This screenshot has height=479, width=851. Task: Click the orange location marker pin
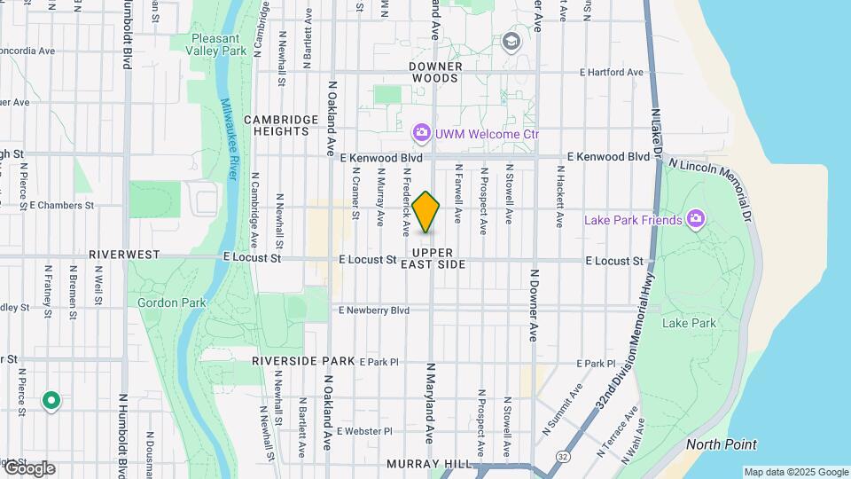coord(426,212)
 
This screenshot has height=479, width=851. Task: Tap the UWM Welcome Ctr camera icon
coord(422,134)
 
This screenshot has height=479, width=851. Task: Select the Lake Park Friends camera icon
coord(697,219)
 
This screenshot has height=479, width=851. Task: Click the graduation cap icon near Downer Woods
coord(511,41)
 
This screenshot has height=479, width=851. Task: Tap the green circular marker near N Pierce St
coord(51,402)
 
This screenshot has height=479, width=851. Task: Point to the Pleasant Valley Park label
coord(221,44)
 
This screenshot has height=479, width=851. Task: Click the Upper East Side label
coord(433,258)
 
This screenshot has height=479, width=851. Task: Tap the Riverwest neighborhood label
coord(124,255)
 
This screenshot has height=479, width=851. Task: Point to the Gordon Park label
coord(171,302)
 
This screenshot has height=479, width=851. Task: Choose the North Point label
coord(721,444)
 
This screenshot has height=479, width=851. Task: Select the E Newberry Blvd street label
coord(374,310)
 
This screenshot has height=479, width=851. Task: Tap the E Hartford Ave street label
coord(611,73)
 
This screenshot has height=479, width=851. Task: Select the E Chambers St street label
coord(62,205)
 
